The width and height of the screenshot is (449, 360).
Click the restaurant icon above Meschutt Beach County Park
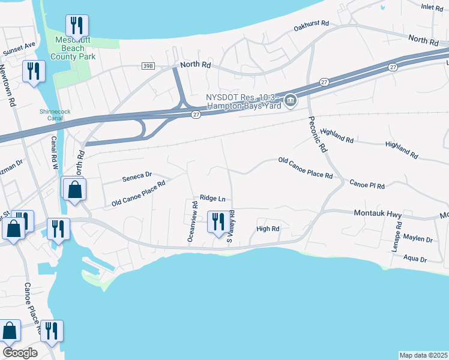(x=77, y=25)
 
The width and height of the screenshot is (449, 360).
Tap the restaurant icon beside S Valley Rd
(x=217, y=222)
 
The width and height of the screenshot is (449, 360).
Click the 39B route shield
(x=148, y=65)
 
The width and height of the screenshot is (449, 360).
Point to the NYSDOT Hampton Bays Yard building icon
(x=291, y=100)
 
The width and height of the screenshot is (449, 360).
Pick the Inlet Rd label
(x=432, y=7)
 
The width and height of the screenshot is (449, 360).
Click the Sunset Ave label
(x=19, y=49)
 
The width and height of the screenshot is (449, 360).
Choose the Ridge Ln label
(x=212, y=197)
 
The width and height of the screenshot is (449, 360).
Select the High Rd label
(x=268, y=229)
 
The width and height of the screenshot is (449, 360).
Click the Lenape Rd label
(x=398, y=235)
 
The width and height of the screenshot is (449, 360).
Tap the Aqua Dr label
(x=415, y=260)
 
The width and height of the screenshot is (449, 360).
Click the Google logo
(x=20, y=353)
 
